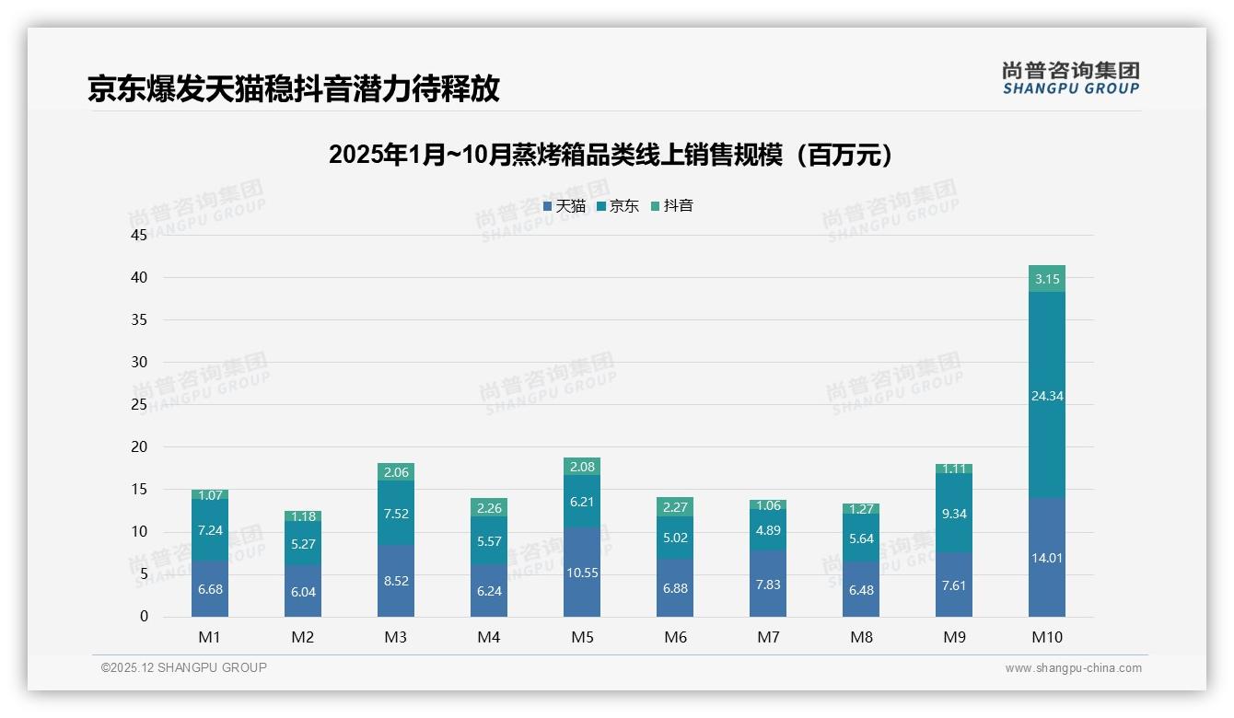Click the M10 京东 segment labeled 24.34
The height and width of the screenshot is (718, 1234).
point(1047,395)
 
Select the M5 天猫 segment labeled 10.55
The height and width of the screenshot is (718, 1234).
point(582,572)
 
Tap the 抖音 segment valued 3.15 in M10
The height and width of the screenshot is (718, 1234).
point(1047,278)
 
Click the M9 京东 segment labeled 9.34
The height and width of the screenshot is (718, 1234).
point(954,513)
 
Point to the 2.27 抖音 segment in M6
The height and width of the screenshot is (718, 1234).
point(675,506)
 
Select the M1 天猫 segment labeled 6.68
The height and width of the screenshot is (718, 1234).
point(210,589)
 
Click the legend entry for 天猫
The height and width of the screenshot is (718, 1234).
point(565,206)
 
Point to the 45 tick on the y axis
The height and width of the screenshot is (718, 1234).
point(139,235)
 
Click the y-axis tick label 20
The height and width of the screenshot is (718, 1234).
point(139,446)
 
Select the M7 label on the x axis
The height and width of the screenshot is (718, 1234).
point(768,637)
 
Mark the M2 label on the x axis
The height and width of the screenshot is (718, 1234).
point(303,637)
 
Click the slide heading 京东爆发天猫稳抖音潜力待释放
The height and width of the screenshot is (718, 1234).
point(294,88)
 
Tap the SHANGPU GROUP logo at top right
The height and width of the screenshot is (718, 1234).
point(1070,78)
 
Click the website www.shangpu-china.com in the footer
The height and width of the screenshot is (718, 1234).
point(1073,668)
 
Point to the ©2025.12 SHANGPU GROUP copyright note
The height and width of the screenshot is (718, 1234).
point(183,667)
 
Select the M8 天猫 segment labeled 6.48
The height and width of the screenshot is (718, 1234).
point(861,589)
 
